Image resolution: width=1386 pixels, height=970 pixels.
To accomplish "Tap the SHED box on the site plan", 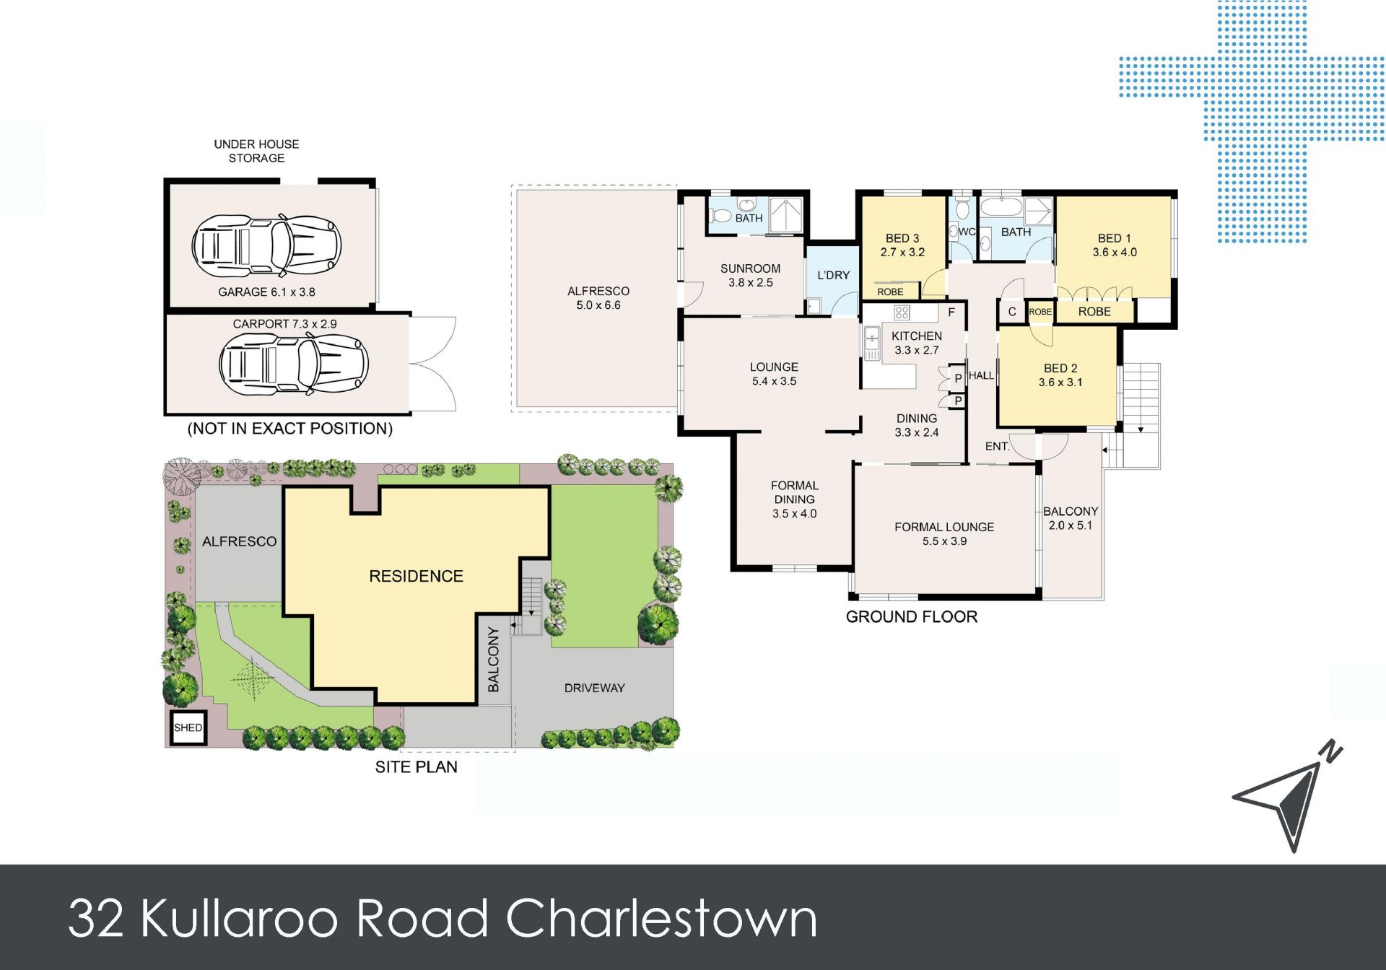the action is pos(188,727).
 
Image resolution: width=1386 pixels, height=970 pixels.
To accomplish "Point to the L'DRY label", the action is pos(833,275).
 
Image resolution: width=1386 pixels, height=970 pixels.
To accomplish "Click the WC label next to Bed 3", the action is pos(967,232).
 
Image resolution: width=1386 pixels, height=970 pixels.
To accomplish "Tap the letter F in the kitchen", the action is pos(951,313).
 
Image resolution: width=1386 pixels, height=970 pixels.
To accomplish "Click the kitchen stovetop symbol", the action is pos(902,313).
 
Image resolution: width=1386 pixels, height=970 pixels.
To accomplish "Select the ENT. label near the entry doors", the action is pos(998,447).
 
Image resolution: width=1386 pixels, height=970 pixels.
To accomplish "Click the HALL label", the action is pos(981,375).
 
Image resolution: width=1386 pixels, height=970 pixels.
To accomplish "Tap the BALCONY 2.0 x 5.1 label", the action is pos(1071,518).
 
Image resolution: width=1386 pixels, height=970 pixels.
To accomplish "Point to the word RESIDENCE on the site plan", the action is pos(416,576).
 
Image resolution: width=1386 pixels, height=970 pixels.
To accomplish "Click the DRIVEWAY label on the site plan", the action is pos(594,688).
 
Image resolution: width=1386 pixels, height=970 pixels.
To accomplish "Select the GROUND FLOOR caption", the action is pos(912,617).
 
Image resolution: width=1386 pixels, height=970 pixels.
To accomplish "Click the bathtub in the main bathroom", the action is pos(1001,208).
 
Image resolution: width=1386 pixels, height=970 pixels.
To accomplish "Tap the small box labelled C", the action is pos(1012,312).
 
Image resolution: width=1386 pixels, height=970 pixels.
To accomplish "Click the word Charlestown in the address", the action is pos(661,919).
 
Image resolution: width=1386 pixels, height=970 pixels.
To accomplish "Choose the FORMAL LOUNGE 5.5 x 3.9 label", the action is pos(944,534).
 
